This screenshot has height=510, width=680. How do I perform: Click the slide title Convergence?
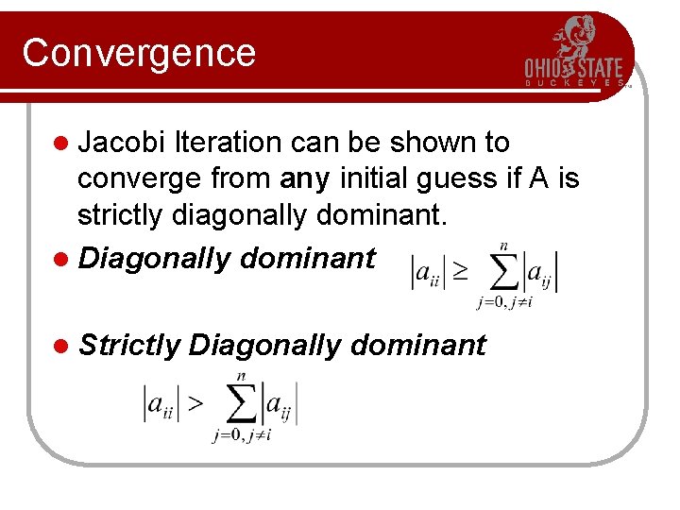pos(139,53)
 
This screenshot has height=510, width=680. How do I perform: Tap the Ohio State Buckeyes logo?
pos(574,53)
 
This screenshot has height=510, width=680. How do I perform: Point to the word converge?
pos(142,178)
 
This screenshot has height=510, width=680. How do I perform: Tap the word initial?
pos(367,178)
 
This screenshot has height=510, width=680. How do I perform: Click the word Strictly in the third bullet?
pos(129,346)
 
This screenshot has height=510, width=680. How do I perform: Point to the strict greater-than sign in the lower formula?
pos(193,404)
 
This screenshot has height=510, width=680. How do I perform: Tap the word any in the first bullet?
pos(302,178)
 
